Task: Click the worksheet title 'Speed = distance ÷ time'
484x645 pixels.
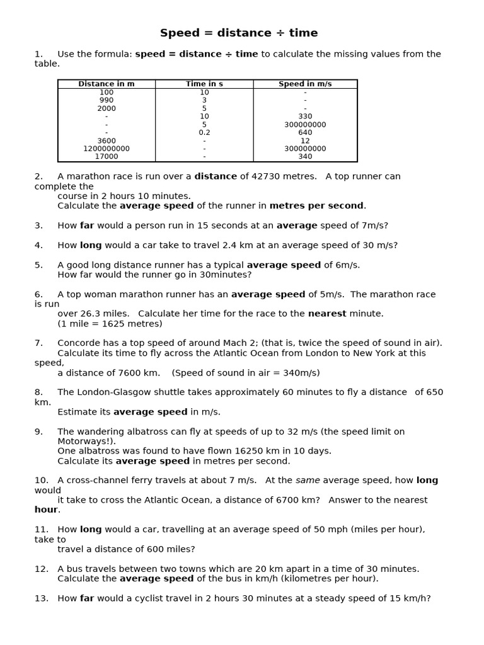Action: [x=239, y=33]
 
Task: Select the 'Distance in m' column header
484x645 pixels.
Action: [x=107, y=84]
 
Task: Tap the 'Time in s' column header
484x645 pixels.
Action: [x=204, y=84]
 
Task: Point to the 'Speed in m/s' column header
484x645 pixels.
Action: [x=305, y=84]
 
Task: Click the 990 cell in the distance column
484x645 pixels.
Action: [x=107, y=100]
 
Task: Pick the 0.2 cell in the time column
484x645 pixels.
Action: [x=204, y=133]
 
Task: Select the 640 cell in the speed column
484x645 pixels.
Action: [x=305, y=133]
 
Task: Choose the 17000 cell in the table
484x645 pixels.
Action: [x=107, y=157]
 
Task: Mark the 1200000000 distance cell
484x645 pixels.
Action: [x=107, y=149]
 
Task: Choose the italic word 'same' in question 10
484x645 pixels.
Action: [x=308, y=481]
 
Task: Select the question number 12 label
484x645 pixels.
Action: [x=42, y=569]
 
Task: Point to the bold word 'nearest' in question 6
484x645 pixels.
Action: [x=326, y=314]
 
